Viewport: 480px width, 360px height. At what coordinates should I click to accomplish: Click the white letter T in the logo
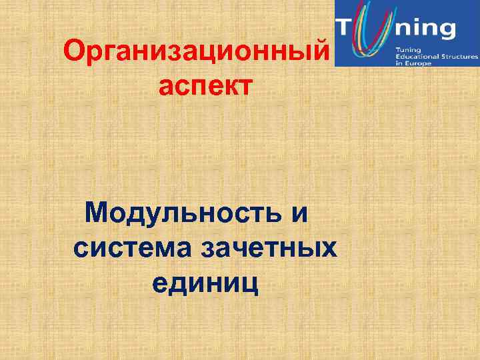pos(349,28)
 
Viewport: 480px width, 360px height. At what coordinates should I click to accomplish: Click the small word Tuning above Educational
pos(407,51)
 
